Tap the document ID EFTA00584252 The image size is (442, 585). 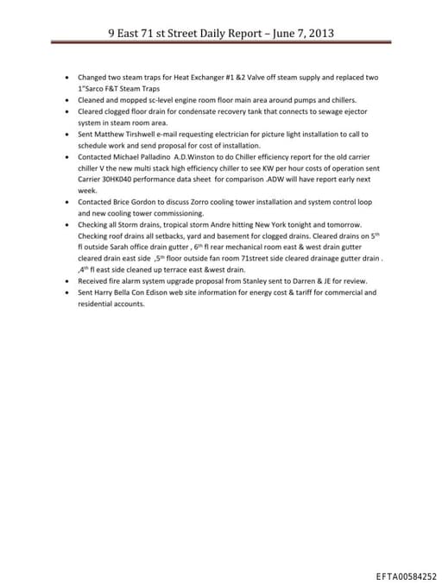coord(406,576)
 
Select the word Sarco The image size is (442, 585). coord(95,89)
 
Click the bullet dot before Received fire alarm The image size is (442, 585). coord(67,280)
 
